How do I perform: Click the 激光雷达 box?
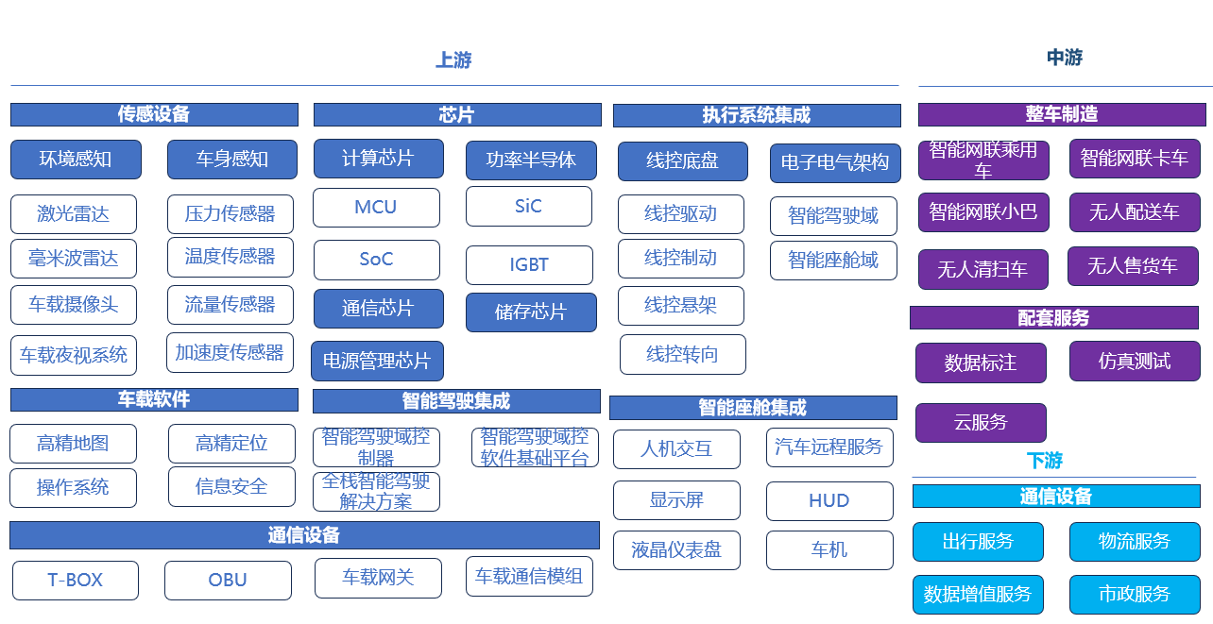click(x=74, y=214)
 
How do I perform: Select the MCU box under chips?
click(x=376, y=208)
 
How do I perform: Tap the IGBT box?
click(x=529, y=265)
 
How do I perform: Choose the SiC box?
click(x=529, y=206)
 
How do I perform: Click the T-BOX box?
click(x=76, y=580)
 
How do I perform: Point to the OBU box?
click(x=228, y=580)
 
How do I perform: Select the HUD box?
click(x=829, y=501)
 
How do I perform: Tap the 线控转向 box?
click(x=682, y=354)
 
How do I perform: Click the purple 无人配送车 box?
click(x=1134, y=212)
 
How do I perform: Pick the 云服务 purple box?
click(x=981, y=422)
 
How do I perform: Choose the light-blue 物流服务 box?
click(x=1134, y=542)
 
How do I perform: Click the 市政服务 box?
click(x=1134, y=595)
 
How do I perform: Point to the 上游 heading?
click(x=453, y=60)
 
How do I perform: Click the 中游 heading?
click(x=1064, y=58)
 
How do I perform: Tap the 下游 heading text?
click(x=1044, y=461)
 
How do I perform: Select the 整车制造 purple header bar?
click(x=1062, y=114)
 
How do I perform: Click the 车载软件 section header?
click(x=154, y=399)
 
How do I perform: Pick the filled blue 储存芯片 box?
click(x=531, y=312)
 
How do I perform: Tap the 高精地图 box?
click(x=73, y=444)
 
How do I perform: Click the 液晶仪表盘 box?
click(x=676, y=550)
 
